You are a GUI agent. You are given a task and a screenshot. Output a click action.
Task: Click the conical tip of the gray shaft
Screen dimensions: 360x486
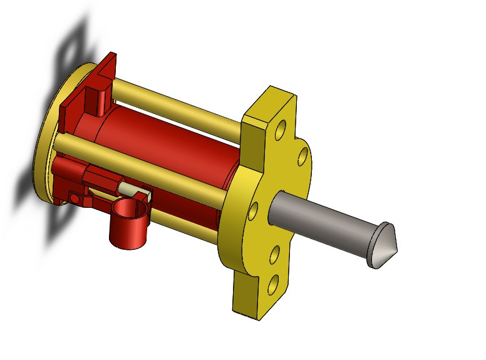383,245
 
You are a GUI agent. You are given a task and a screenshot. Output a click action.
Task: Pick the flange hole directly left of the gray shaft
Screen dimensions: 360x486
253,211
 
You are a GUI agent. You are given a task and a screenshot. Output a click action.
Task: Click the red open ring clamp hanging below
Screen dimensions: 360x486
130,225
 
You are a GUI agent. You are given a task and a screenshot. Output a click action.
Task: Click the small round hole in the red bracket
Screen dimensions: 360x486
75,198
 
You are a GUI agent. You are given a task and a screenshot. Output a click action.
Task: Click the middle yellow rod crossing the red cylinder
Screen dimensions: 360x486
144,164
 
